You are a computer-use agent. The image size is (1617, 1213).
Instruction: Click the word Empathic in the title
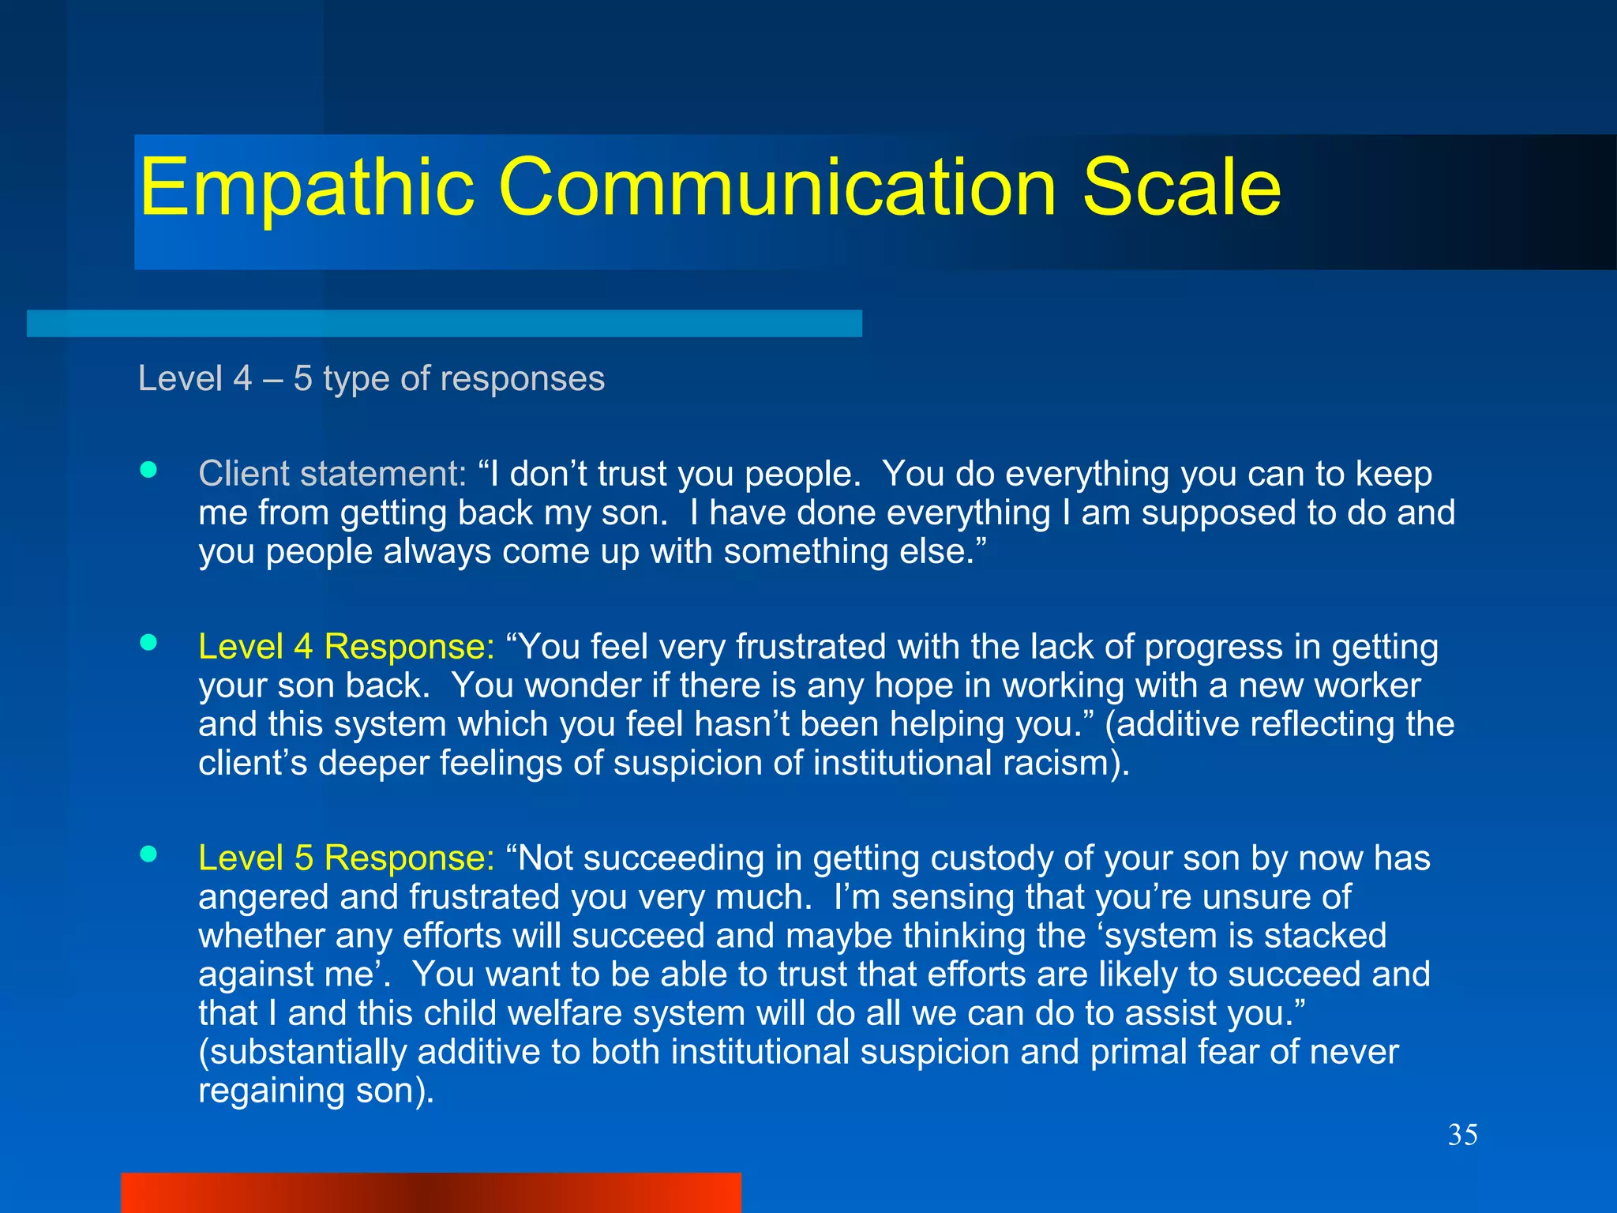pyautogui.click(x=306, y=188)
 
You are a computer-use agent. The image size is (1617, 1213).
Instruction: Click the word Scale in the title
pyautogui.click(x=1181, y=188)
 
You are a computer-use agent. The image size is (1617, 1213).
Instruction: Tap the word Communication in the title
pyautogui.click(x=777, y=188)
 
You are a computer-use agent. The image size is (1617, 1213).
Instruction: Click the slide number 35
pyautogui.click(x=1462, y=1135)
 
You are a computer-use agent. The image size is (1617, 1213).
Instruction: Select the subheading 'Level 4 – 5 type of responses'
pyautogui.click(x=371, y=378)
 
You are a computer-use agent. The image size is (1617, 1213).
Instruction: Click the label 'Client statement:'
pyautogui.click(x=332, y=474)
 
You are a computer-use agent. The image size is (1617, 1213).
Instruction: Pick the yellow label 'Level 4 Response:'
pyautogui.click(x=346, y=647)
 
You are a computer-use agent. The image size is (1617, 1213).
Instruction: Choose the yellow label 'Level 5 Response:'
pyautogui.click(x=346, y=858)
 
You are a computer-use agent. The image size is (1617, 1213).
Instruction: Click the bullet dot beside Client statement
pyautogui.click(x=148, y=471)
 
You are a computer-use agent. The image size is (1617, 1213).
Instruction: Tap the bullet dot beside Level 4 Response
pyautogui.click(x=148, y=643)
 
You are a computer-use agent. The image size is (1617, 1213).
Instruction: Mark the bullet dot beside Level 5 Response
pyautogui.click(x=148, y=854)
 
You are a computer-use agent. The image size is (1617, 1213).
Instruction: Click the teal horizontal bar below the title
pyautogui.click(x=444, y=324)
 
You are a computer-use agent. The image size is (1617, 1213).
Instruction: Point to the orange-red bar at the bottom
pyautogui.click(x=430, y=1192)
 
